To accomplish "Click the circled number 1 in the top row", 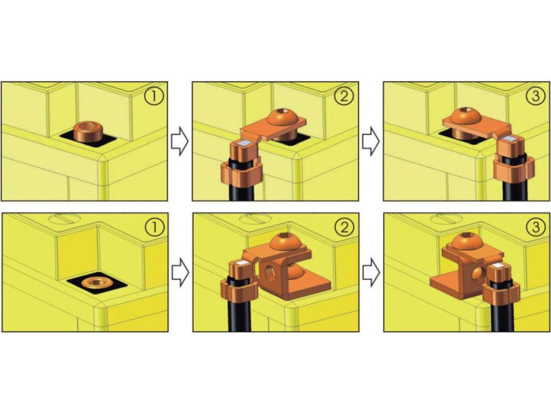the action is coord(154,96).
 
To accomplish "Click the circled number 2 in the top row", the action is coord(344,96).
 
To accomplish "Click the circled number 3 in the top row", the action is coord(535,96).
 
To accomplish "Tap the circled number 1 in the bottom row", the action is coord(154,227).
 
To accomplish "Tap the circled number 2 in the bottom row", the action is coord(344,227).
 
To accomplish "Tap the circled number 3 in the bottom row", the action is coord(535,227).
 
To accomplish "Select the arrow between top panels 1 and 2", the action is coord(180,141).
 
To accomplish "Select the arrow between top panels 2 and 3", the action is coord(371,141).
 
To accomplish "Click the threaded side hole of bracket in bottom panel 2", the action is coord(271,273).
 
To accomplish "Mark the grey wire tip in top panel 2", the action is coord(243,143).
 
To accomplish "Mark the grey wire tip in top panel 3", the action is coord(510,139).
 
